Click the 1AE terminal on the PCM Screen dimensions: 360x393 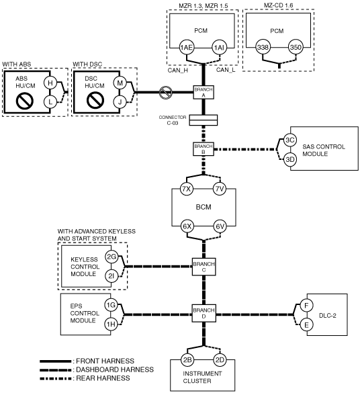(x=187, y=48)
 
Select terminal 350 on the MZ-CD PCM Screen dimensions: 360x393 (x=296, y=47)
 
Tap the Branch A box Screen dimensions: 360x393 (x=204, y=92)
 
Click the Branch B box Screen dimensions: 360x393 (x=204, y=149)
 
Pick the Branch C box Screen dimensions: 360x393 (x=204, y=267)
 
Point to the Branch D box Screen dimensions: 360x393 (x=204, y=313)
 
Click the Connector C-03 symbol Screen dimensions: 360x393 (x=204, y=120)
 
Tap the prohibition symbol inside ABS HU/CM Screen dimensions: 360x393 (x=25, y=101)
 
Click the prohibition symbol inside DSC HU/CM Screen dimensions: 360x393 (x=95, y=101)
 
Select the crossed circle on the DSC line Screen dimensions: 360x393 (x=166, y=92)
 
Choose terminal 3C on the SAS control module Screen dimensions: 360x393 (x=290, y=140)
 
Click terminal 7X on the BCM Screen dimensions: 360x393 (x=187, y=189)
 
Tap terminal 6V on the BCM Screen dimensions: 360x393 (x=220, y=226)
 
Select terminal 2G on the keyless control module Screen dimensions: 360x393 (x=111, y=257)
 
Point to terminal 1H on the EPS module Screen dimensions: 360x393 (x=111, y=324)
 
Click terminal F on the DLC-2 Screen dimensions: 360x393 (x=306, y=306)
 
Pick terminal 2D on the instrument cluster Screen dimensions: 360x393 (x=220, y=360)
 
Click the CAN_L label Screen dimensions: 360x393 (x=226, y=70)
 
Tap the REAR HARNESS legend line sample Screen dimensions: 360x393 (x=56, y=378)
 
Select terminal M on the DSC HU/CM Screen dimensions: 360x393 (x=120, y=83)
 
